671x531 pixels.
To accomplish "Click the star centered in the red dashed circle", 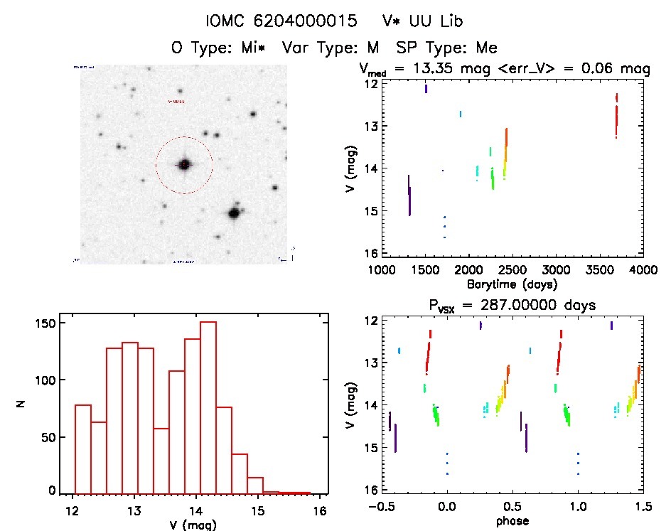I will (x=184, y=164).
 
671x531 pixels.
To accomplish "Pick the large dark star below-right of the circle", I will (x=232, y=213).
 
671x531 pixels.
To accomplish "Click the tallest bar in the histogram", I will (x=208, y=407).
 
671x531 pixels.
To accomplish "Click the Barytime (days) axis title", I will (x=512, y=284).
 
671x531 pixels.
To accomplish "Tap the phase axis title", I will (x=512, y=521).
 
